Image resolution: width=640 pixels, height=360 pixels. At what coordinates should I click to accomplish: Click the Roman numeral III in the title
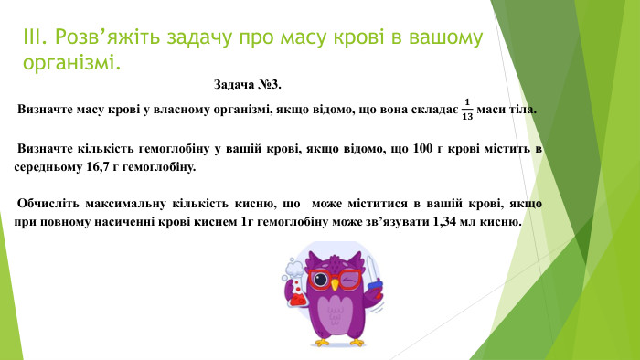pos(33,37)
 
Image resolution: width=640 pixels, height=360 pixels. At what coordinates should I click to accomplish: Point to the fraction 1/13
pos(468,109)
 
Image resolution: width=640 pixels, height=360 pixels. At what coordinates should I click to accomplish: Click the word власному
pos(183,110)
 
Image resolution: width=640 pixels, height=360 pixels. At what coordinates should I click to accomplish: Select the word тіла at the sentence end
pos(523,110)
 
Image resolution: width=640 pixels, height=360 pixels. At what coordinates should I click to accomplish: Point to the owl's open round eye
pos(321,277)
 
